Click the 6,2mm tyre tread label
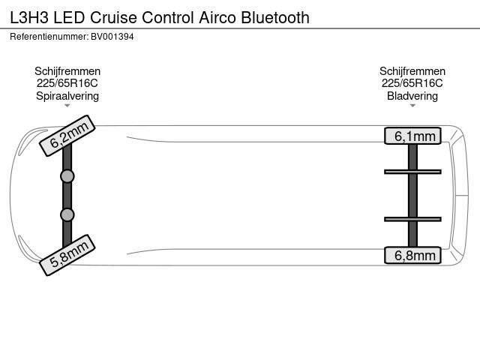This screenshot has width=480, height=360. (x=67, y=136)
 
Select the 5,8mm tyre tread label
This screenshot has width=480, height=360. (x=67, y=255)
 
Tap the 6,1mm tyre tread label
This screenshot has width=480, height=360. (x=412, y=136)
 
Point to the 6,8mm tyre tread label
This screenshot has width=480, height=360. (x=412, y=255)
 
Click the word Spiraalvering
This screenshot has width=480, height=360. (x=67, y=96)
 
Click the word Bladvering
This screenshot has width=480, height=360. (x=412, y=96)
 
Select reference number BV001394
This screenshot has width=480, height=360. (x=112, y=37)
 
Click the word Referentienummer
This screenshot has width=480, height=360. (x=49, y=37)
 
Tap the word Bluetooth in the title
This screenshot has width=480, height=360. (x=275, y=17)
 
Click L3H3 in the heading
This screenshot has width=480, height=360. (x=29, y=17)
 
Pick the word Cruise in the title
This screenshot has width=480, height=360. (x=113, y=17)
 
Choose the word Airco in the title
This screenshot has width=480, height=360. (x=217, y=17)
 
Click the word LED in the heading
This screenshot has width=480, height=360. (x=69, y=17)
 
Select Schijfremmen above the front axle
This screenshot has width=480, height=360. (x=67, y=71)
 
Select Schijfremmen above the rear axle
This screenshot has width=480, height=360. (x=412, y=71)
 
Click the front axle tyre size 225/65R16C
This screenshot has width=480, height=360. (x=67, y=83)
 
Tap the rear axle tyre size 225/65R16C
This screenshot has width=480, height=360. (x=412, y=83)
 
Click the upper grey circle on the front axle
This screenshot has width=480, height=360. (x=67, y=176)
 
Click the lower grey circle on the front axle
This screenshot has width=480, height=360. (x=67, y=215)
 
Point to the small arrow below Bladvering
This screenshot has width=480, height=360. (x=412, y=106)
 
